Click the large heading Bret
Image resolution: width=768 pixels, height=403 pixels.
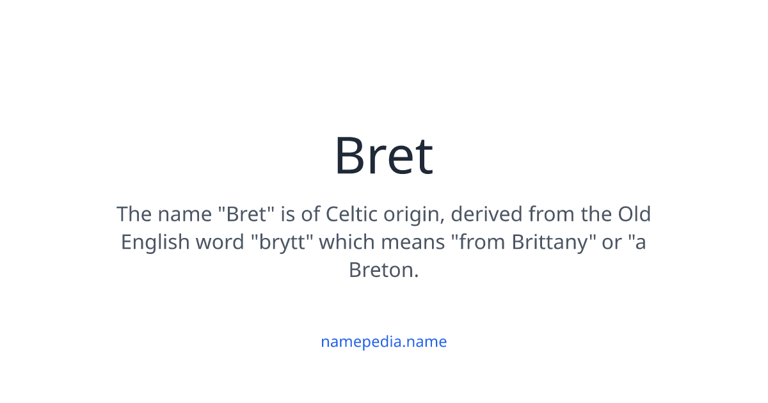click(x=384, y=156)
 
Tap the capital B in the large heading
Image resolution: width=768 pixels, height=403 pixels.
click(x=351, y=156)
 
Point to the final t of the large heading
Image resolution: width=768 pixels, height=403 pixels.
click(x=424, y=157)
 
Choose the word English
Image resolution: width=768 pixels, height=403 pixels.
click(x=156, y=242)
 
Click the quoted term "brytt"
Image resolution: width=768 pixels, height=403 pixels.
click(x=281, y=242)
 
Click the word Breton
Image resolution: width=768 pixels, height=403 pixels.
click(x=383, y=270)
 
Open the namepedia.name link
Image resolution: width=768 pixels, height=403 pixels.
click(x=383, y=342)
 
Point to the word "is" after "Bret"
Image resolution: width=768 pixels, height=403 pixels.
click(x=288, y=214)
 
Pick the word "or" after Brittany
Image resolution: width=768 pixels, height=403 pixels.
click(x=612, y=242)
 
